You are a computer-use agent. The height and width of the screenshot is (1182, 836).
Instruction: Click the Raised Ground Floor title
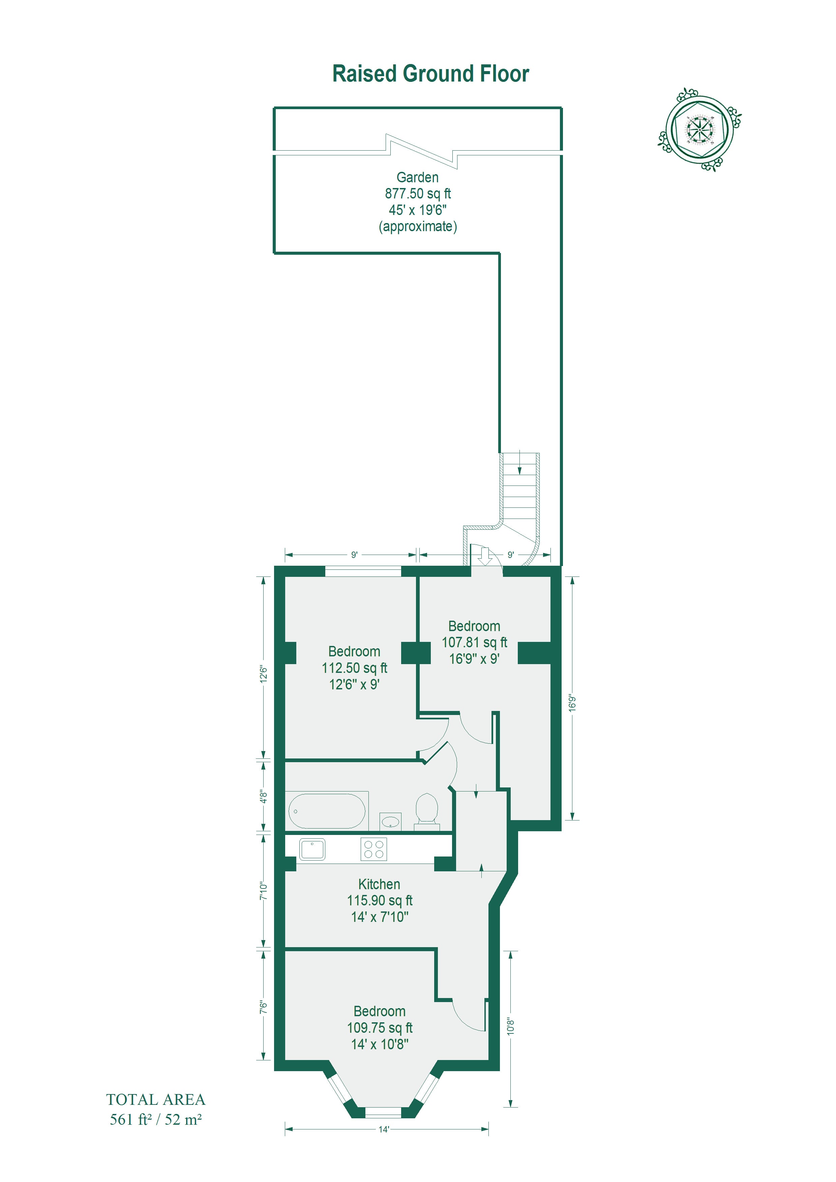pos(430,73)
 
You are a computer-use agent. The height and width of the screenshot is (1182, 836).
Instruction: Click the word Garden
pos(417,177)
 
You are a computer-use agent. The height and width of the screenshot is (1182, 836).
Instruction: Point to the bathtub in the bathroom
pos(327,811)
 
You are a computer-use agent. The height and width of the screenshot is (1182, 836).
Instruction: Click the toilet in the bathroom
pos(426,812)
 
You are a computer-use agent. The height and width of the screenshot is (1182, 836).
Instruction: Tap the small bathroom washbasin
pos(390,821)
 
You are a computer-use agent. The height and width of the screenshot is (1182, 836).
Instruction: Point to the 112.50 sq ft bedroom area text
pos(354,668)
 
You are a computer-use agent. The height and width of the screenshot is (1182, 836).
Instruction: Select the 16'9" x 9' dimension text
pos(474,659)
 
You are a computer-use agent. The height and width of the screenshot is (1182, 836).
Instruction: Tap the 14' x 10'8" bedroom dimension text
pos(380,1044)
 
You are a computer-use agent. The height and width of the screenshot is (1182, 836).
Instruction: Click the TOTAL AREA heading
pos(155,1100)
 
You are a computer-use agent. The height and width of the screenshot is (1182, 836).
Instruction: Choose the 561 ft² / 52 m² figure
pos(155,1119)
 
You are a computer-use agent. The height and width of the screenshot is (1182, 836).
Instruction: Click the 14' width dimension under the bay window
pos(384,1129)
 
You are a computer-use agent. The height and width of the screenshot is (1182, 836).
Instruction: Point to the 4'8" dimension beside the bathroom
pos(263,797)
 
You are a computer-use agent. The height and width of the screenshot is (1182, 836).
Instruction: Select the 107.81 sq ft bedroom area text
pos(474,643)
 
